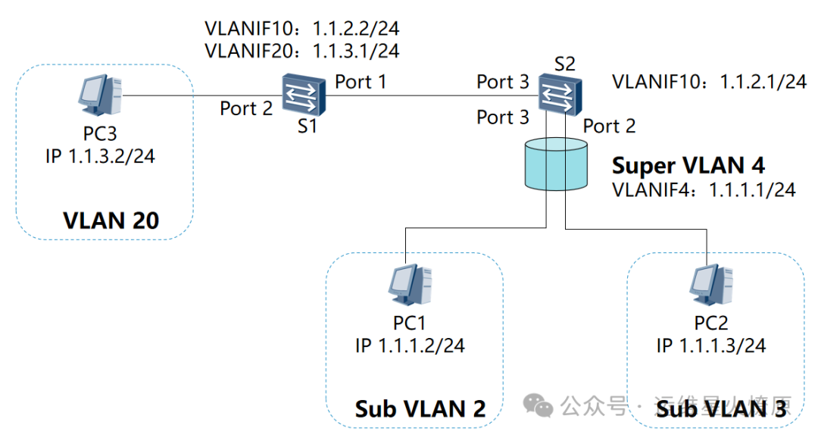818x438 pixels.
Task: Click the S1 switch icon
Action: coord(304,95)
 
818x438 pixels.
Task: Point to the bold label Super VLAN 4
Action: coord(688,165)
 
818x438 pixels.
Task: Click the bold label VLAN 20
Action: coord(111,221)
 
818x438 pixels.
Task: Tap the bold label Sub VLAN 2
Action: coord(420,409)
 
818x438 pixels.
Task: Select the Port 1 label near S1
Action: coord(361,81)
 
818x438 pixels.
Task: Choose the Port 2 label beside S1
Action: coord(246,108)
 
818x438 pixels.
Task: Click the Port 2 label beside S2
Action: coord(610,126)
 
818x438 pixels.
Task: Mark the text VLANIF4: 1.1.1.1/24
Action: coord(704,189)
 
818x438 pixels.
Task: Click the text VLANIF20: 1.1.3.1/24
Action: coord(301,51)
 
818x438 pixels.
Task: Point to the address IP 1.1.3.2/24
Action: coord(101,157)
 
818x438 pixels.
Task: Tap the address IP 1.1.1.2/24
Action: coord(410,346)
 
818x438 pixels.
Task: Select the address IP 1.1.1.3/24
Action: coord(711,346)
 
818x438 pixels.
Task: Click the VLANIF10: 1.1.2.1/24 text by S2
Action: coord(709,82)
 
